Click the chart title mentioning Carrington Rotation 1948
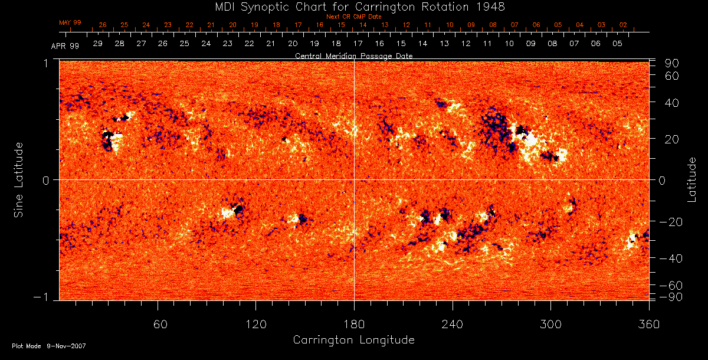point(353,6)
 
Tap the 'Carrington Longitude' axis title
point(353,340)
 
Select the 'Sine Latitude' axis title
point(19,179)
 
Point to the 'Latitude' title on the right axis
point(691,179)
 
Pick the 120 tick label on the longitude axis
point(255,324)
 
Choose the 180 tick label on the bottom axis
point(354,324)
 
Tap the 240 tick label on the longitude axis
point(452,324)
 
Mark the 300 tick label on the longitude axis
point(550,324)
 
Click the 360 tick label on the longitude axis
point(648,324)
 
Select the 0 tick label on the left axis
point(45,179)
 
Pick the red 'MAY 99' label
point(70,22)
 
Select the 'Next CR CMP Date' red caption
point(353,17)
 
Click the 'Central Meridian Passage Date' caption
point(353,55)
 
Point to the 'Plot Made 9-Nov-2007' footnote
point(49,346)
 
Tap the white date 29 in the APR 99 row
point(98,44)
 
